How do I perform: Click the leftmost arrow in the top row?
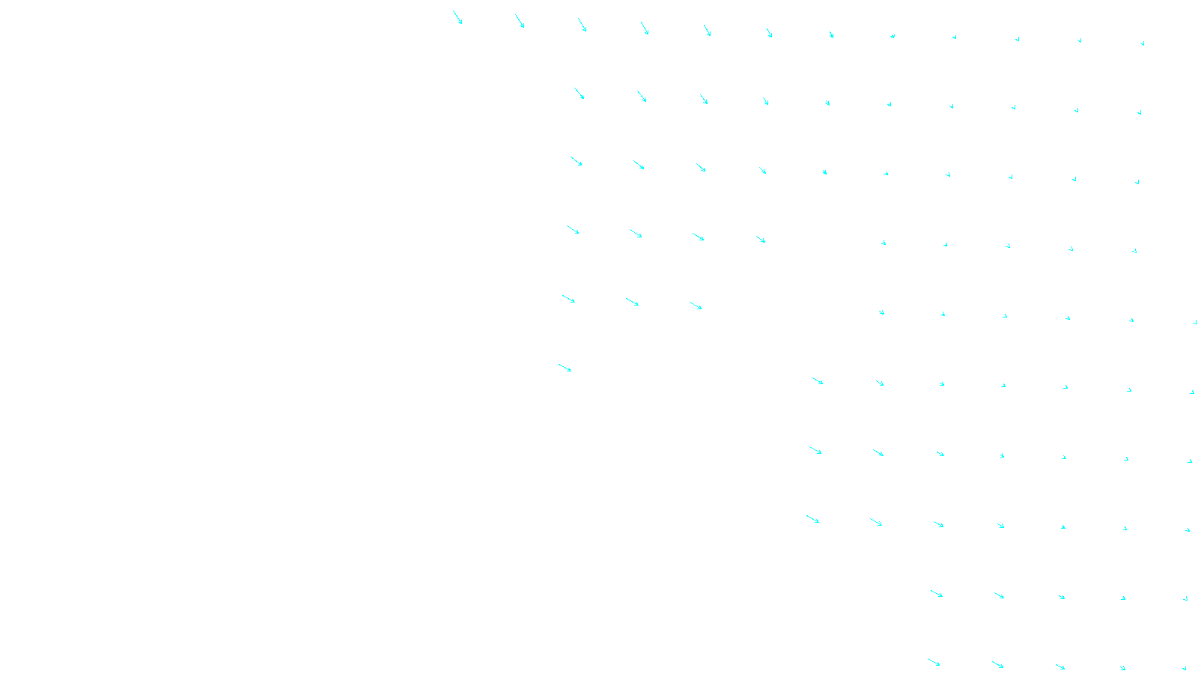click(457, 17)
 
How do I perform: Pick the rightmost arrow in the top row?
click(1143, 43)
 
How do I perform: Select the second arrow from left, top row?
click(520, 22)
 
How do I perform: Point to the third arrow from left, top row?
click(583, 25)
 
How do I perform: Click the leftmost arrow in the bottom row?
click(934, 662)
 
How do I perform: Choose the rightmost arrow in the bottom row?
click(1185, 668)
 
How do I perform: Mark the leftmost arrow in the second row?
click(580, 94)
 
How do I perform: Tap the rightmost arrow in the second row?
click(1140, 113)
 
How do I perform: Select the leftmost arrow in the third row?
click(577, 161)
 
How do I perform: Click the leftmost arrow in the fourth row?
click(573, 230)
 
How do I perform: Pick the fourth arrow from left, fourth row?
click(761, 239)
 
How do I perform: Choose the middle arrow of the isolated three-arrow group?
click(633, 302)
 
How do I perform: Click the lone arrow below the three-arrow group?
click(565, 368)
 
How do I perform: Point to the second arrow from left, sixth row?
click(880, 383)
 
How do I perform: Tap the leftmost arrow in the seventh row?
click(815, 450)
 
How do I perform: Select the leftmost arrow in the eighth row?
click(813, 519)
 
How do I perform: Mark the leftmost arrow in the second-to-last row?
click(937, 594)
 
